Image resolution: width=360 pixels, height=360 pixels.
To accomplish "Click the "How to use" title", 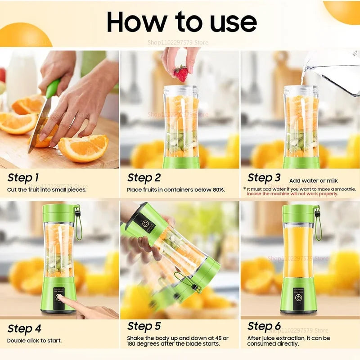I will pyautogui.click(x=182, y=22).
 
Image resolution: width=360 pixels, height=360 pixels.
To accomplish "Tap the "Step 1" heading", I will pyautogui.click(x=23, y=178).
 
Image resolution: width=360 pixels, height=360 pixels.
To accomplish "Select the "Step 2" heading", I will pyautogui.click(x=144, y=178).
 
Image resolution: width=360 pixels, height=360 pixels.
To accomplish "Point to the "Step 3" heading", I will pyautogui.click(x=264, y=178).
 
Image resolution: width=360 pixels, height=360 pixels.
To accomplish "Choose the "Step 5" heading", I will pyautogui.click(x=144, y=326).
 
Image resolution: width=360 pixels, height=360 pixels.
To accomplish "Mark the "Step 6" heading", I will pyautogui.click(x=264, y=326).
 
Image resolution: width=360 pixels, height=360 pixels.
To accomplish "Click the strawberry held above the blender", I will pyautogui.click(x=181, y=73).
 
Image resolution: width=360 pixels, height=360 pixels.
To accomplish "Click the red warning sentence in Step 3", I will pyautogui.click(x=292, y=194).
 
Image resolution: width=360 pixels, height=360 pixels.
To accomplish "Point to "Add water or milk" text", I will pyautogui.click(x=310, y=181).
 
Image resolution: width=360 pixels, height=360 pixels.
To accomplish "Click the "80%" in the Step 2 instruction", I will pyautogui.click(x=218, y=190).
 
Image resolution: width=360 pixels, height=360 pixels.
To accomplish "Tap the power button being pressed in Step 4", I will pyautogui.click(x=59, y=298).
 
